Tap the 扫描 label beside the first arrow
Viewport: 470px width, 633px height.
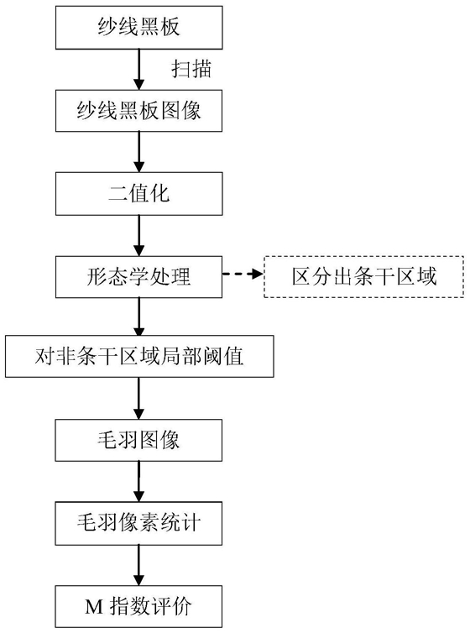191,69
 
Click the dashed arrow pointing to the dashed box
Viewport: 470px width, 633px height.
243,275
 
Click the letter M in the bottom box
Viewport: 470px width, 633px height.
94,607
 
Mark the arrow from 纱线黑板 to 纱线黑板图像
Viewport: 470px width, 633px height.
139,70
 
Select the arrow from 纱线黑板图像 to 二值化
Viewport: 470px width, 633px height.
139,152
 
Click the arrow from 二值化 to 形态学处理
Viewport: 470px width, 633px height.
139,235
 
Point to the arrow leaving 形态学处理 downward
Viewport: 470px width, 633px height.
139,316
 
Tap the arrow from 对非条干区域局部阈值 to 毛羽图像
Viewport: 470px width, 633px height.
139,399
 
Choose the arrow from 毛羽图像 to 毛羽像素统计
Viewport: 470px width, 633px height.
139,482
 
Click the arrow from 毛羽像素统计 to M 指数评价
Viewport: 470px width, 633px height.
139,565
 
